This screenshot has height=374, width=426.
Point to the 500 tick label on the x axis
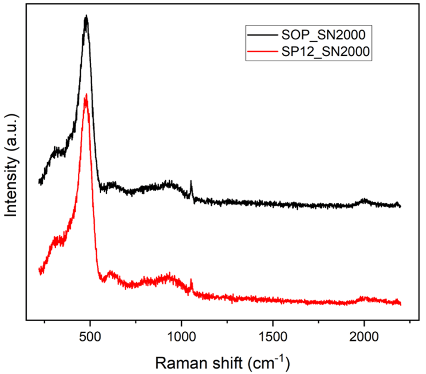(90, 338)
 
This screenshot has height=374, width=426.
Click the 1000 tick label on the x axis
(181, 338)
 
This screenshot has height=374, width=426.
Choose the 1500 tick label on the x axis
(273, 338)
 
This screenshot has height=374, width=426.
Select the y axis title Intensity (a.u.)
(12, 165)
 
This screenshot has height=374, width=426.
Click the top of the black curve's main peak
(86, 17)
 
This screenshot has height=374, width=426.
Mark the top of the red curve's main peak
(86, 96)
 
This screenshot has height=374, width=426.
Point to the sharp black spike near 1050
(191, 182)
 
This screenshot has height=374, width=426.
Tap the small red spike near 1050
(191, 281)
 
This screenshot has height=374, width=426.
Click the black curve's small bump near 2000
(364, 200)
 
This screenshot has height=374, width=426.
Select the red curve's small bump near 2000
(364, 298)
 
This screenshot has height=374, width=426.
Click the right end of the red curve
(400, 303)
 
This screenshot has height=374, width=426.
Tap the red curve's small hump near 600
(111, 273)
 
